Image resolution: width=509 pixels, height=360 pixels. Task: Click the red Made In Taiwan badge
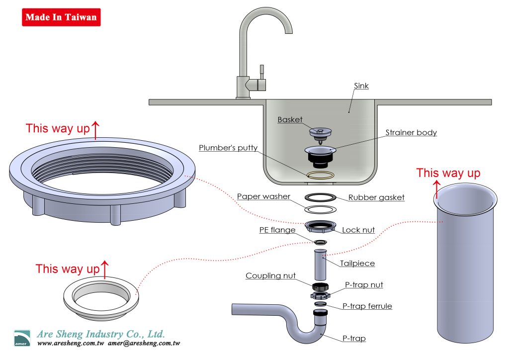coord(61,17)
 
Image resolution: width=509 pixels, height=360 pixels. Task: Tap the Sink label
coord(361,86)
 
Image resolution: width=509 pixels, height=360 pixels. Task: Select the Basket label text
coord(290,120)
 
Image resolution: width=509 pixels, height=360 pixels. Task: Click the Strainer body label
coord(411,133)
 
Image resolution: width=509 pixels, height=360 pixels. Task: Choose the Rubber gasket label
coord(376,197)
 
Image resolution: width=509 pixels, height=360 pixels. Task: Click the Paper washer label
coord(263,196)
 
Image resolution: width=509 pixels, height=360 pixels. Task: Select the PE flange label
coord(277,230)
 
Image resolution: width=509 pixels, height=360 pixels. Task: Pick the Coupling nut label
coord(270,276)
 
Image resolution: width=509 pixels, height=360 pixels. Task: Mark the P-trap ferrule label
coord(367,306)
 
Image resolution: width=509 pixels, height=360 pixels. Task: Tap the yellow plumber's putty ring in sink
coord(320,175)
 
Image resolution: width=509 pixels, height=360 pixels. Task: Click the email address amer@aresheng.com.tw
coord(144,344)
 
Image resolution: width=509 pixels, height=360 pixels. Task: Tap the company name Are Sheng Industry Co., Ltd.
coord(101,334)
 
